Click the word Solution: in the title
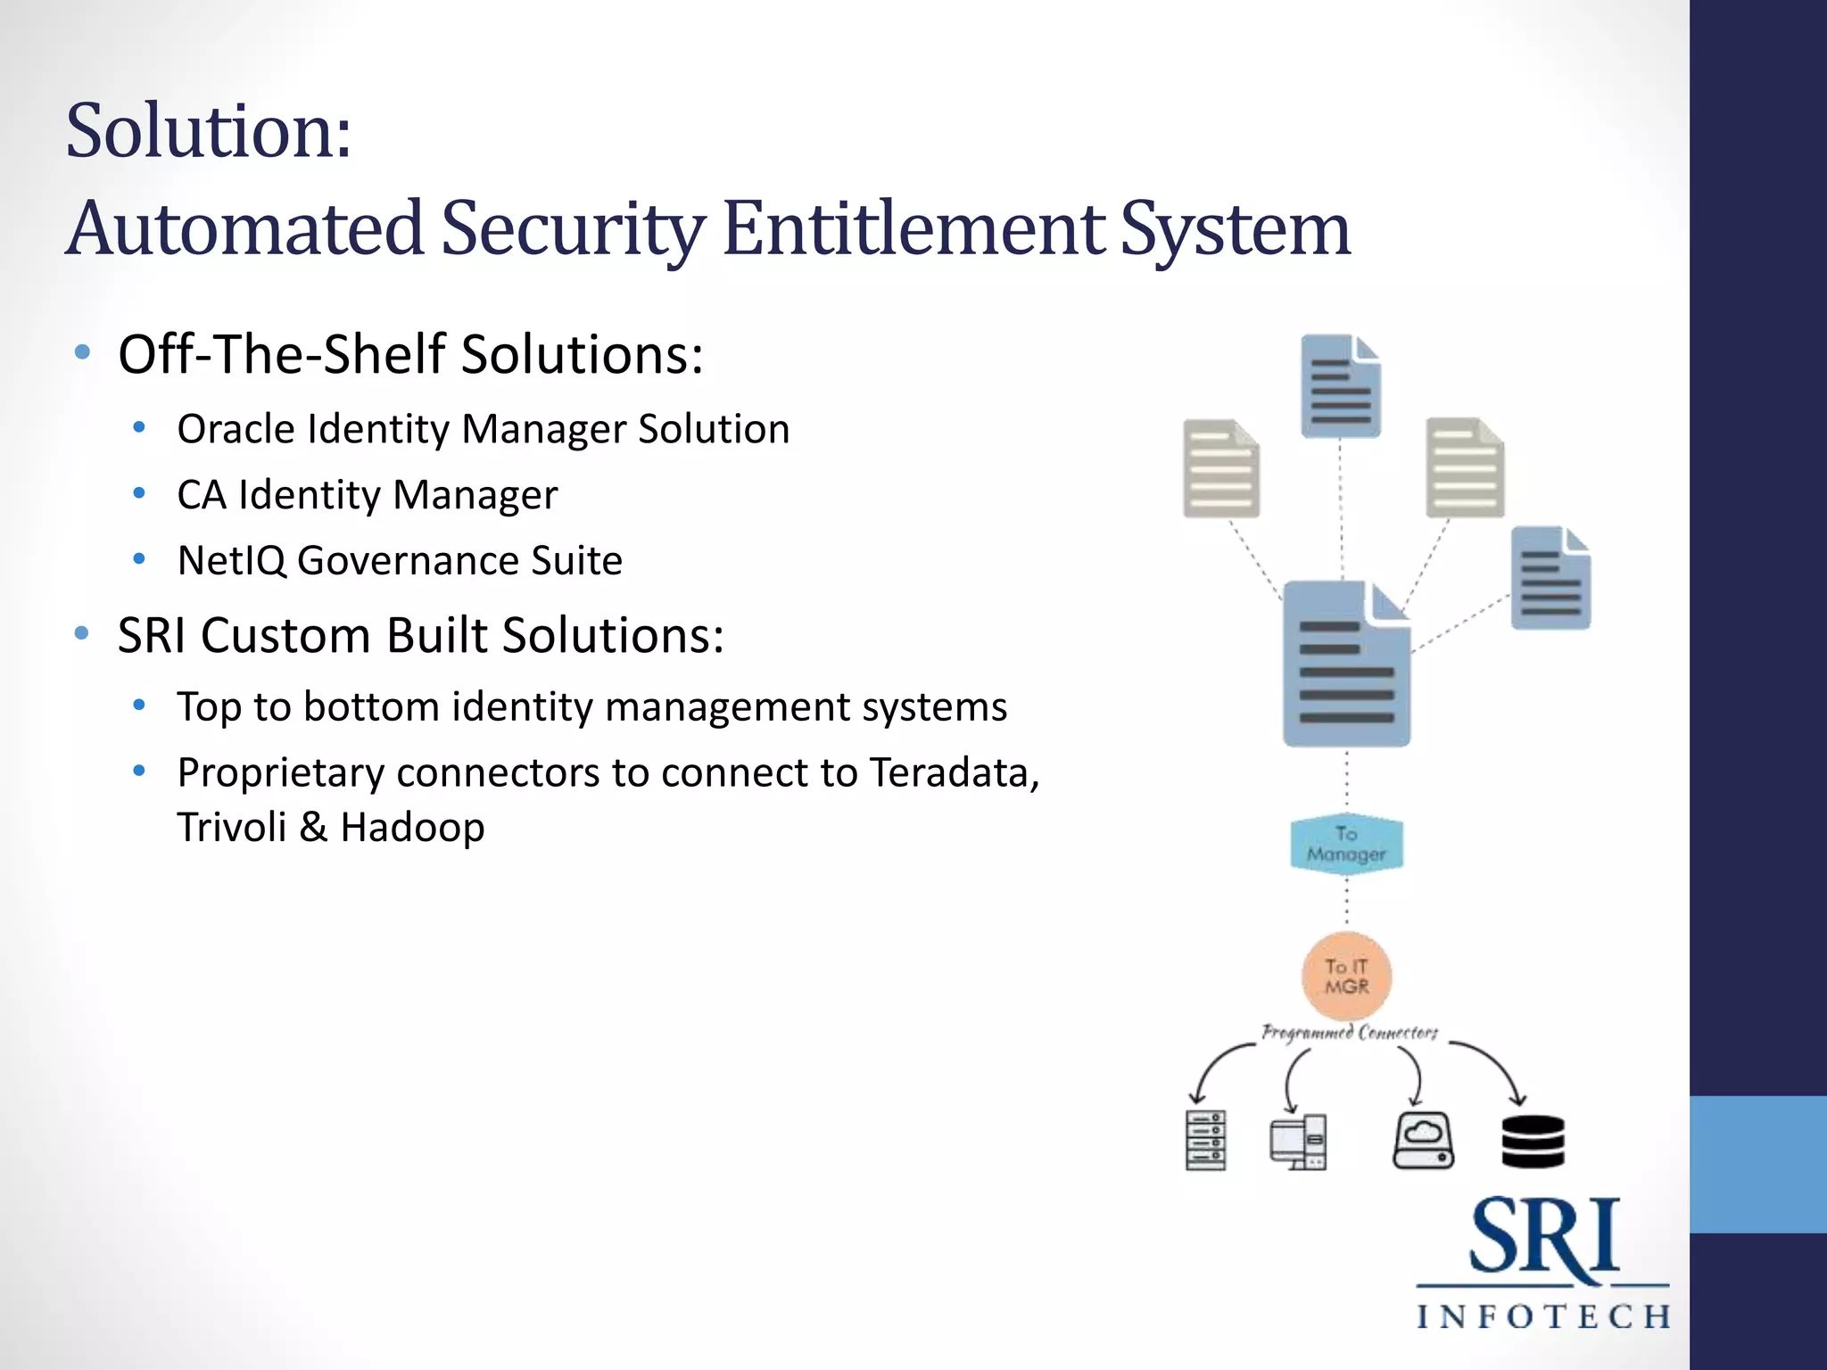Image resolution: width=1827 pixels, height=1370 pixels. [209, 132]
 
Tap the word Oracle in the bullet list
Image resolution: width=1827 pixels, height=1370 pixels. [236, 429]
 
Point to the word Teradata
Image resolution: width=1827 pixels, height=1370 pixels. [954, 772]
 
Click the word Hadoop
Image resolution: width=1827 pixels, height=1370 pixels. [412, 828]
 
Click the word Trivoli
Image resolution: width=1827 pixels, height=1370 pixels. [231, 828]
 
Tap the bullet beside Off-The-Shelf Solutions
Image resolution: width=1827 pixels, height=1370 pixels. [83, 353]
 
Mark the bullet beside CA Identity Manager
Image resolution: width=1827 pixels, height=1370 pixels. [139, 494]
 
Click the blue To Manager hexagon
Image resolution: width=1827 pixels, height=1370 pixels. [1346, 844]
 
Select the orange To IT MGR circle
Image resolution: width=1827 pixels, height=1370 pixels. [1346, 977]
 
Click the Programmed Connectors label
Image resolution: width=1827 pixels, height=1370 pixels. [1349, 1033]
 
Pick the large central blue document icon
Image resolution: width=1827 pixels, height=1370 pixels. [1346, 664]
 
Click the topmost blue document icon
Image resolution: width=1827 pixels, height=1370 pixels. [1340, 386]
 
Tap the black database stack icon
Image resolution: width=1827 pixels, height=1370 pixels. [1533, 1141]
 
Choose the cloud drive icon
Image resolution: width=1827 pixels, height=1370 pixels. [1423, 1141]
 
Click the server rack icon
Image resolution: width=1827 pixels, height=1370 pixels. [1205, 1141]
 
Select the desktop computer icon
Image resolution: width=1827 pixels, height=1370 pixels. [1299, 1142]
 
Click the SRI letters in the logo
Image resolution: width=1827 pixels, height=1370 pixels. [1543, 1237]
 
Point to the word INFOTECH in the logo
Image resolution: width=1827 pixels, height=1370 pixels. [1543, 1316]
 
